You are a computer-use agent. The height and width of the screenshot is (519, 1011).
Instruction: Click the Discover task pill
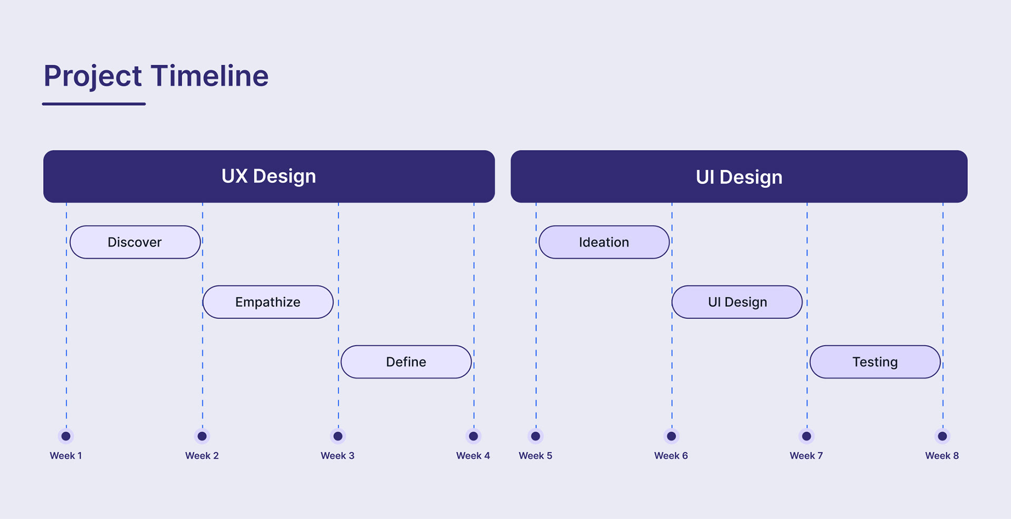(x=135, y=242)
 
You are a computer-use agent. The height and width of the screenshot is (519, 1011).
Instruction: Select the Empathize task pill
(x=267, y=302)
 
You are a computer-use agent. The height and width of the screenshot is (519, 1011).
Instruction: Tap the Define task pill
(x=406, y=362)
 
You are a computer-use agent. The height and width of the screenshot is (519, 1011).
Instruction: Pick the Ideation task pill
(x=604, y=242)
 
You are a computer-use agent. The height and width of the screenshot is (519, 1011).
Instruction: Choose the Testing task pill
(x=875, y=362)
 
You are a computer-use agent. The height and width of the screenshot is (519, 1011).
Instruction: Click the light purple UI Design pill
(x=737, y=302)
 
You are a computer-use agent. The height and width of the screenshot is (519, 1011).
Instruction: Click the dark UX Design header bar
(x=269, y=176)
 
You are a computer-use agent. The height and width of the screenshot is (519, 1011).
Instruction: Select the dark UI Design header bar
(x=739, y=176)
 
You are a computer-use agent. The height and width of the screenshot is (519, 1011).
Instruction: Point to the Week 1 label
(x=66, y=456)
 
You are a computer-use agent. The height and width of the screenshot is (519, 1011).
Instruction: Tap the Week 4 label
(x=473, y=456)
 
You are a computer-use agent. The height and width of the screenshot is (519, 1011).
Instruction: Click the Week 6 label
(x=671, y=456)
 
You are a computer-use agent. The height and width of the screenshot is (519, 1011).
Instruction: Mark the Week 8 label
(x=942, y=456)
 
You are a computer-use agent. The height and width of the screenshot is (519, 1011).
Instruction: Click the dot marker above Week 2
(x=202, y=436)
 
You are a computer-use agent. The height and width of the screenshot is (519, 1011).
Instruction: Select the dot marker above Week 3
(x=338, y=436)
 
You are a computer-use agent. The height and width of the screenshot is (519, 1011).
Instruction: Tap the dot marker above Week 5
(x=536, y=436)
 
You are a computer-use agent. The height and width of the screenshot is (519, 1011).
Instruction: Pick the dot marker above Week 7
(x=806, y=436)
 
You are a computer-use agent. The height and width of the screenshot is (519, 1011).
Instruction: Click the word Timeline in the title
(x=210, y=76)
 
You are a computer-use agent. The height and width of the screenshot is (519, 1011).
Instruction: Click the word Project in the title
(x=93, y=76)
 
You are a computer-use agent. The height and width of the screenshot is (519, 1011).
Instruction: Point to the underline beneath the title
(x=94, y=104)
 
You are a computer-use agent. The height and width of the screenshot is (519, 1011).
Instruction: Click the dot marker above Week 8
(x=943, y=436)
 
